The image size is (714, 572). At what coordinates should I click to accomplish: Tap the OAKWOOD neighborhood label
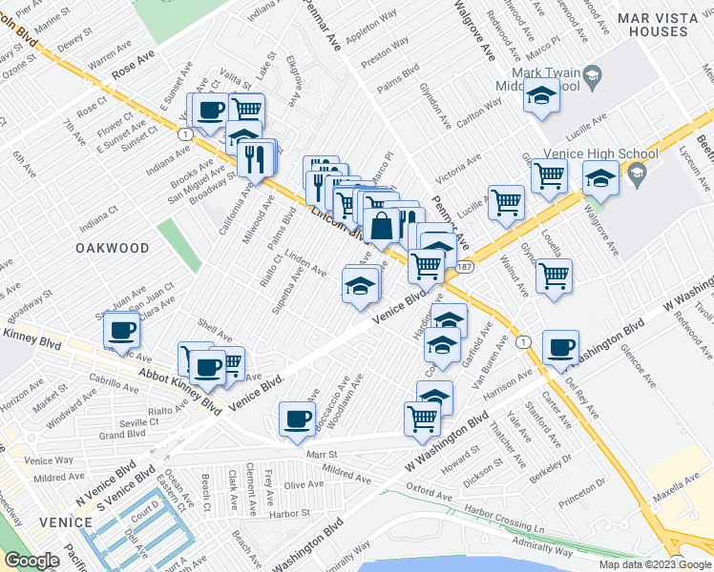[x=114, y=248]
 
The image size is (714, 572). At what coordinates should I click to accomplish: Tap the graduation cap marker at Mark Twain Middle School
[x=541, y=96]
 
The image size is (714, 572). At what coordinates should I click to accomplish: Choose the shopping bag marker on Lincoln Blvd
[x=381, y=228]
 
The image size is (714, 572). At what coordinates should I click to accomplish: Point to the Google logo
[x=31, y=561]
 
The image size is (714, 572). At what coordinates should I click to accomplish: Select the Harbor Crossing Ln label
[x=503, y=520]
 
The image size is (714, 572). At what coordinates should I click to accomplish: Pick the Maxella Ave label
[x=683, y=497]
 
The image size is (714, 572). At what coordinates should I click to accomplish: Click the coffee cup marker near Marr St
[x=297, y=419]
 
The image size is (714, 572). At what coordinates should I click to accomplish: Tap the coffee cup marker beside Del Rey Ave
[x=560, y=348]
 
